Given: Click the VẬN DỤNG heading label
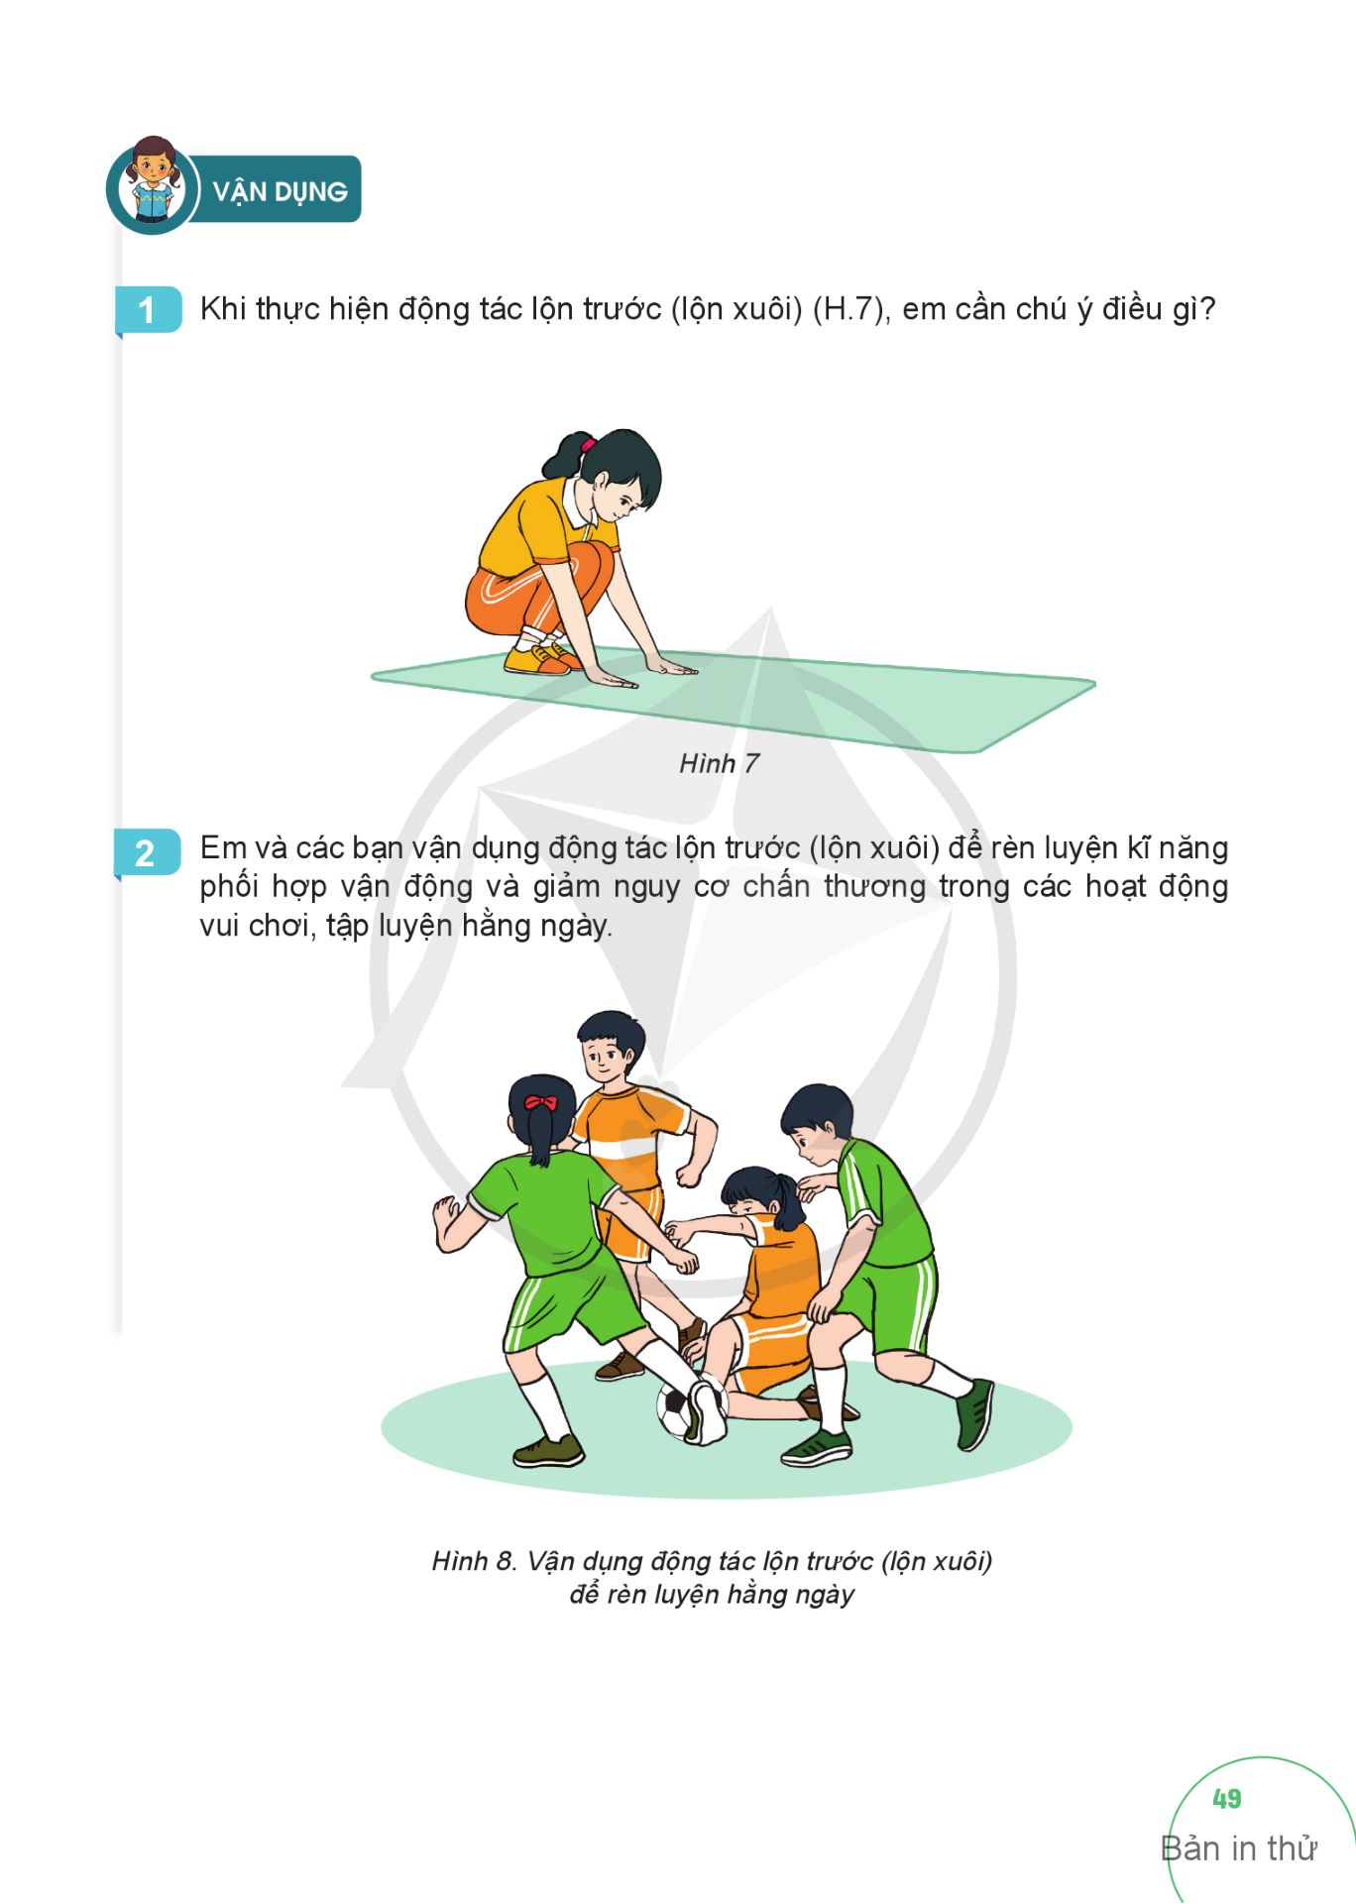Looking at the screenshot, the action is point(281,191).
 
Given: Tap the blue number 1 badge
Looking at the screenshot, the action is point(148,309).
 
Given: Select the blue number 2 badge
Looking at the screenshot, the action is point(147,852).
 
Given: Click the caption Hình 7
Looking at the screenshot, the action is point(719,763).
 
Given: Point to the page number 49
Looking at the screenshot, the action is point(1226,1798).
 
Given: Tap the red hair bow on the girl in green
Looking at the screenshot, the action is point(540,1102).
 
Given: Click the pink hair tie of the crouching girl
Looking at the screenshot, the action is point(588,444).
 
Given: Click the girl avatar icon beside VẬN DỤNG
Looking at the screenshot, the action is point(153,185).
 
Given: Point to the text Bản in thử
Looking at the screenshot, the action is point(1238,1848).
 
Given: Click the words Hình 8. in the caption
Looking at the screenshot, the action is point(475,1561).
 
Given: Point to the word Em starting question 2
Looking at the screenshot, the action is point(224,848).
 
